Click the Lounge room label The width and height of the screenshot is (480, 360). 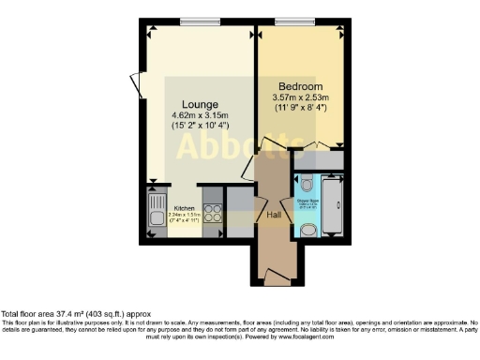pos(201,103)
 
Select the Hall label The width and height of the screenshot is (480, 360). pos(274,215)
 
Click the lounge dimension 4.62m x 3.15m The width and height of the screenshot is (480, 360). pos(201,116)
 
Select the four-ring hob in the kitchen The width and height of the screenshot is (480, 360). pos(213,213)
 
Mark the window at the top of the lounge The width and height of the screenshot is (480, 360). pos(194,22)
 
